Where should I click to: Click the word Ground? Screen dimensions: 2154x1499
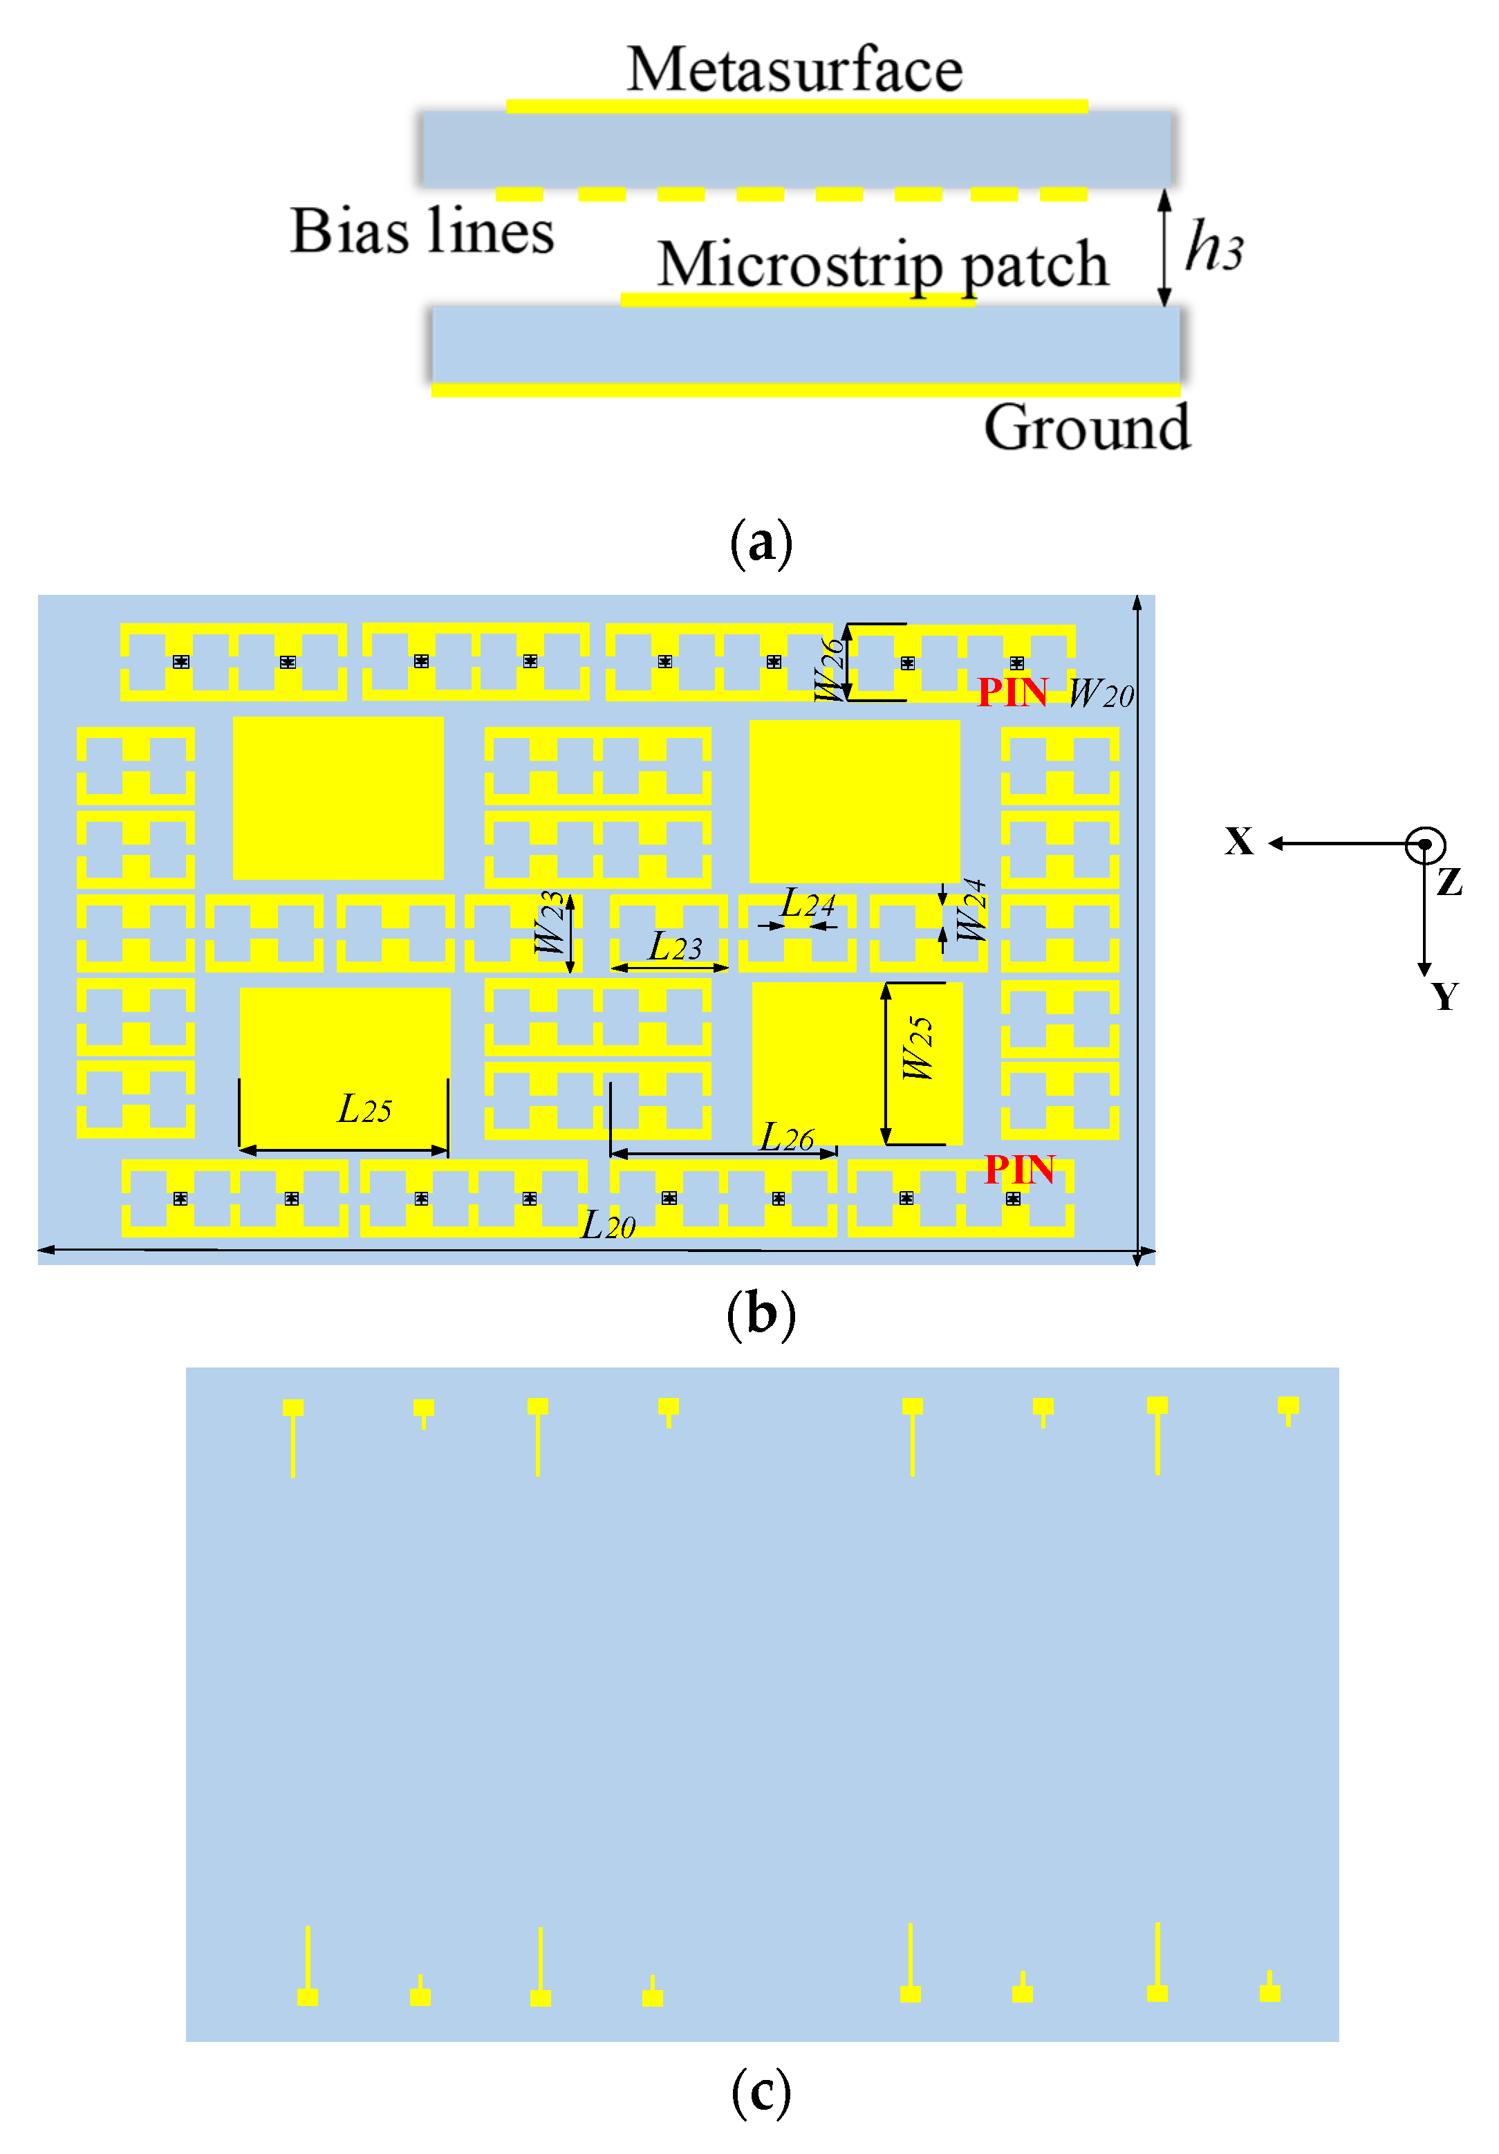pos(1086,427)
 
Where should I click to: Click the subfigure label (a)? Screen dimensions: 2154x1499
pos(760,542)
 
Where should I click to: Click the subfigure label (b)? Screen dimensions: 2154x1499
pos(760,1314)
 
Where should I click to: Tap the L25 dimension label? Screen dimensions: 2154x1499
pos(364,1110)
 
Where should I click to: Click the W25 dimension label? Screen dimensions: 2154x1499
pos(918,1048)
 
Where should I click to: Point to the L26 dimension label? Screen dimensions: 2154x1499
pos(786,1138)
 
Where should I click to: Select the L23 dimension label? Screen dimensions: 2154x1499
pos(674,946)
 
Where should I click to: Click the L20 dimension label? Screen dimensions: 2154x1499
pos(608,1225)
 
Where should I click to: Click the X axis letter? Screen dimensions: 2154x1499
pos(1238,842)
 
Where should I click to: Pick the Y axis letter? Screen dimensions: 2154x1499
pos(1444,996)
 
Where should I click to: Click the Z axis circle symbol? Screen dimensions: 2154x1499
pos(1424,845)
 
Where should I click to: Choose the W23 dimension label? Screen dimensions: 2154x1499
pos(550,922)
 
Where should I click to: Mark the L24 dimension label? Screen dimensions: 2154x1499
pos(807,904)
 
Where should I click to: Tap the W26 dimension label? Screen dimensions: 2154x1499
pos(829,669)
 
